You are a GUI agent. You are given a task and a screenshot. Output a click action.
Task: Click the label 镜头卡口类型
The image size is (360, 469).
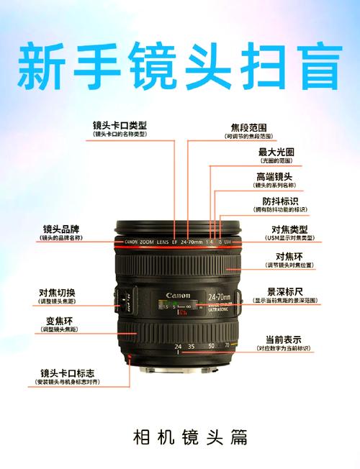(120, 125)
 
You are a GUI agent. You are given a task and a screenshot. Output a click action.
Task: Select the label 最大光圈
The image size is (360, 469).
(276, 152)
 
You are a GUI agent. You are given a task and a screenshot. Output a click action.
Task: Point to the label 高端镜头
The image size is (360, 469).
(274, 177)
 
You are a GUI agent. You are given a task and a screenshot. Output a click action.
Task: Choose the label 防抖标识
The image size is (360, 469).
(280, 201)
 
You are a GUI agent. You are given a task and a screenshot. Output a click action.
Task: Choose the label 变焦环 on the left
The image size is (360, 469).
(58, 320)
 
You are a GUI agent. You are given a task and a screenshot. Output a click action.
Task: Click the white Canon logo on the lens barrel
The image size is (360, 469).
(178, 296)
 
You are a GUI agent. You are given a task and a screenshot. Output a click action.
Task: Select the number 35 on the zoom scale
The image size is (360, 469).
(191, 347)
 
